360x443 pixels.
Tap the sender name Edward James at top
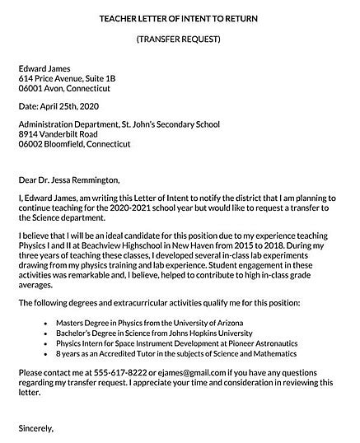pos(44,68)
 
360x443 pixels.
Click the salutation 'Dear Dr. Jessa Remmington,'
pos(69,180)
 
